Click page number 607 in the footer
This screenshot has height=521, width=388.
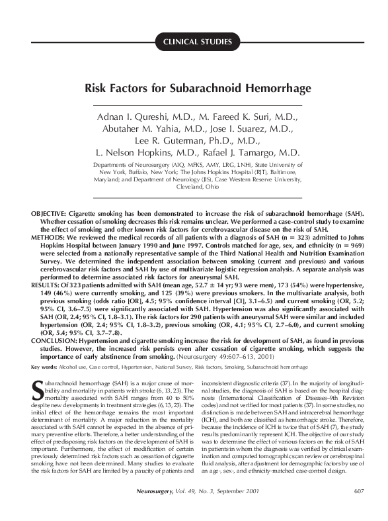359,508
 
